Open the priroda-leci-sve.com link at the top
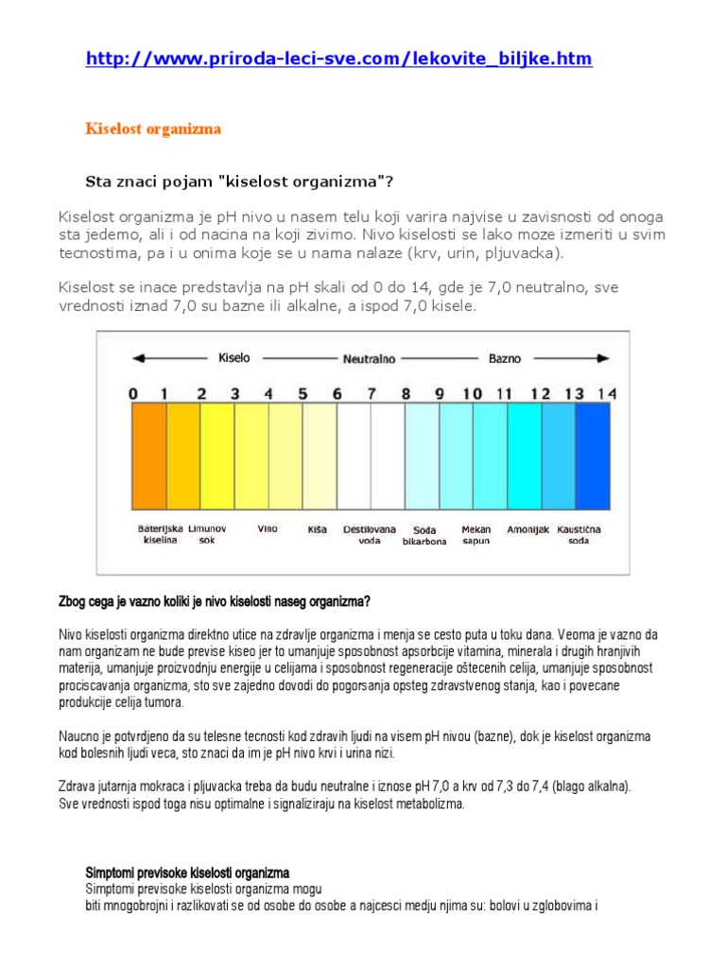[338, 60]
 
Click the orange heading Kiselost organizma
[153, 130]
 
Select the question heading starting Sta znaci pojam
[239, 181]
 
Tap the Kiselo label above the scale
[233, 358]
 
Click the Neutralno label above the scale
[369, 359]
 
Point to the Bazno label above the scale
[504, 359]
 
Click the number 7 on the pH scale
[371, 392]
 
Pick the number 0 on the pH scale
[133, 392]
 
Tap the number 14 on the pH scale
[607, 392]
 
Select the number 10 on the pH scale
[472, 392]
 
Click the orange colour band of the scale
[148, 457]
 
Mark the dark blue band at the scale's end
[593, 457]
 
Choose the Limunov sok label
[206, 534]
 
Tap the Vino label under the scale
[268, 529]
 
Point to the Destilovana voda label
[369, 535]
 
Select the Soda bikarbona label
[424, 536]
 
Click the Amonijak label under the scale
[527, 530]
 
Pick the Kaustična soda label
[579, 535]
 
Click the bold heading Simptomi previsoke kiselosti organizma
[187, 872]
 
